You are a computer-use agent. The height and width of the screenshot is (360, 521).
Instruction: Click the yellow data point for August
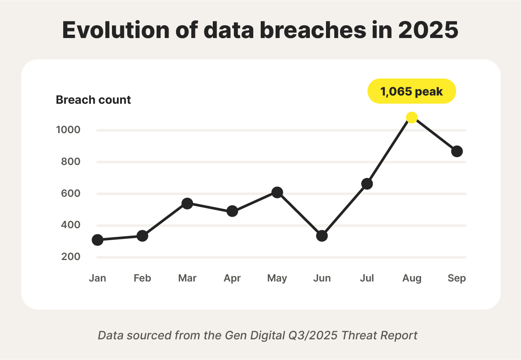412,117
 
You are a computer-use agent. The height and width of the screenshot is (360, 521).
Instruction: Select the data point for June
322,236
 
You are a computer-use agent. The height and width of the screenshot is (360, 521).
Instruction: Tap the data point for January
98,240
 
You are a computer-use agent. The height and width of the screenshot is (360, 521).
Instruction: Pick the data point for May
277,192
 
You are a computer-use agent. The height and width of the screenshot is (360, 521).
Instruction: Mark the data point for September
457,151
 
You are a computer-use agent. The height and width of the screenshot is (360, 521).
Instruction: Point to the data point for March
187,203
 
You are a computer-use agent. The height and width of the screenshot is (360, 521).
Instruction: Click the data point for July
367,184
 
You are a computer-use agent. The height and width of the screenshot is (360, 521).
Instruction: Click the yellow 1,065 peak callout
412,91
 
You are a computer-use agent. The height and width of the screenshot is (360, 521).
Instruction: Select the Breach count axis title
93,100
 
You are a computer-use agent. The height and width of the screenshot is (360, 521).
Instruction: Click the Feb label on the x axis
142,278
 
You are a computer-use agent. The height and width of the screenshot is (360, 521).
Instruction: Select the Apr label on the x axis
232,278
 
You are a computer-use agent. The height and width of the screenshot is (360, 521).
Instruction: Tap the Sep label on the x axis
457,278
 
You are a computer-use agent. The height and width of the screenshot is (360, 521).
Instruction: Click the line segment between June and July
345,210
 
